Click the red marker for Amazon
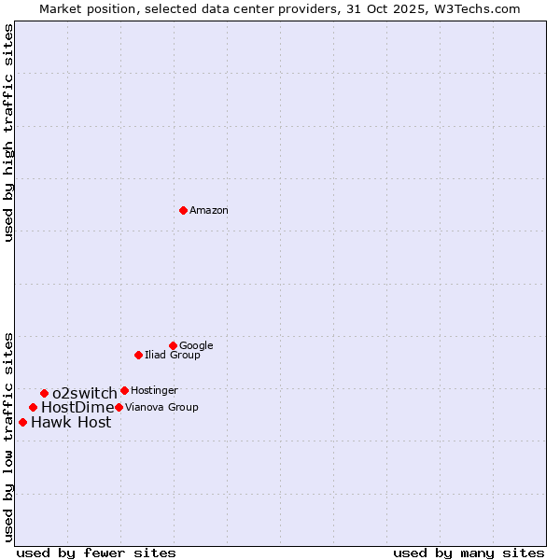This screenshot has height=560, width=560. tap(183, 210)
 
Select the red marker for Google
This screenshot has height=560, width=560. tap(173, 345)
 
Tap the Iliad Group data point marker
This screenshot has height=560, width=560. tap(138, 355)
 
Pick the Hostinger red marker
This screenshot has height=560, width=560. tap(124, 390)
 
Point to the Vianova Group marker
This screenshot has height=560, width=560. tap(119, 407)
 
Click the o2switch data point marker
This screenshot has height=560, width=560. tap(44, 393)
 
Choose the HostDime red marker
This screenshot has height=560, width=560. tap(33, 407)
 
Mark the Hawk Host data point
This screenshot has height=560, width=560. tap(22, 422)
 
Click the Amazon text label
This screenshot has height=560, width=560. tap(209, 211)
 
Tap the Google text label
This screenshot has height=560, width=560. tap(196, 346)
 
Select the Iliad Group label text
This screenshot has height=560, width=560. tap(173, 356)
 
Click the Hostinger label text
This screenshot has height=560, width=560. tap(154, 391)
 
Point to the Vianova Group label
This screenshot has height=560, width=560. tap(161, 408)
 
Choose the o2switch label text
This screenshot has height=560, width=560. tap(85, 394)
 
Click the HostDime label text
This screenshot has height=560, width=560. tap(77, 408)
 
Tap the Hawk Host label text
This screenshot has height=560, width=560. tap(71, 423)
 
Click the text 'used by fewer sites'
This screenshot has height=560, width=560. tap(96, 553)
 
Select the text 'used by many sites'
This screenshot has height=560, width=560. tap(469, 553)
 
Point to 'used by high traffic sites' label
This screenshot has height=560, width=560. tap(9, 133)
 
